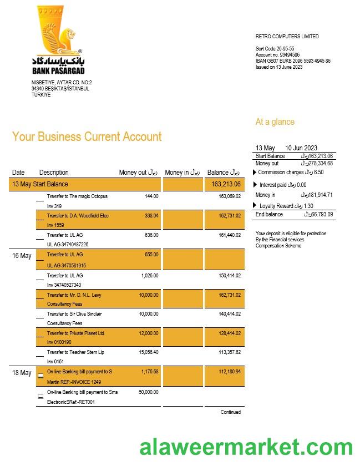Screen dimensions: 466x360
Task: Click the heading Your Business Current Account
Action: click(87, 137)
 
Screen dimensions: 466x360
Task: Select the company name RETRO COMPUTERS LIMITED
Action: click(287, 37)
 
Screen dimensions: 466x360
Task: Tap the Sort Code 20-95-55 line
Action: click(275, 49)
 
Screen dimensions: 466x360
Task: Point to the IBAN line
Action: click(293, 61)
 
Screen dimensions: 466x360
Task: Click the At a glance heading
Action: click(275, 122)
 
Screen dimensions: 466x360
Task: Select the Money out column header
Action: click(138, 173)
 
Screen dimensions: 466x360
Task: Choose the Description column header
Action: click(54, 173)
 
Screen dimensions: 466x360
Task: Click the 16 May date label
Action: click(22, 256)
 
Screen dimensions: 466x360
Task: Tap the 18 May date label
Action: click(22, 373)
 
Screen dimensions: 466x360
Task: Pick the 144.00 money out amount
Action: click(151, 196)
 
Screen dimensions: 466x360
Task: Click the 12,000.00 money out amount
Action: click(148, 333)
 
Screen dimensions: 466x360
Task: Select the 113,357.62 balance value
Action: click(229, 352)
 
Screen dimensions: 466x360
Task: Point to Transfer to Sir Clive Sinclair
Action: click(74, 314)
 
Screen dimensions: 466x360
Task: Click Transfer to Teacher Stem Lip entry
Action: click(75, 352)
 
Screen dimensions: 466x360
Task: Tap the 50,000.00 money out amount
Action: click(148, 392)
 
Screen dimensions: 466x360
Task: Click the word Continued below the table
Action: click(230, 412)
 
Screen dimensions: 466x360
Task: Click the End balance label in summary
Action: click(269, 214)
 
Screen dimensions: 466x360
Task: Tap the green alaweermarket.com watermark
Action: click(246, 447)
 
